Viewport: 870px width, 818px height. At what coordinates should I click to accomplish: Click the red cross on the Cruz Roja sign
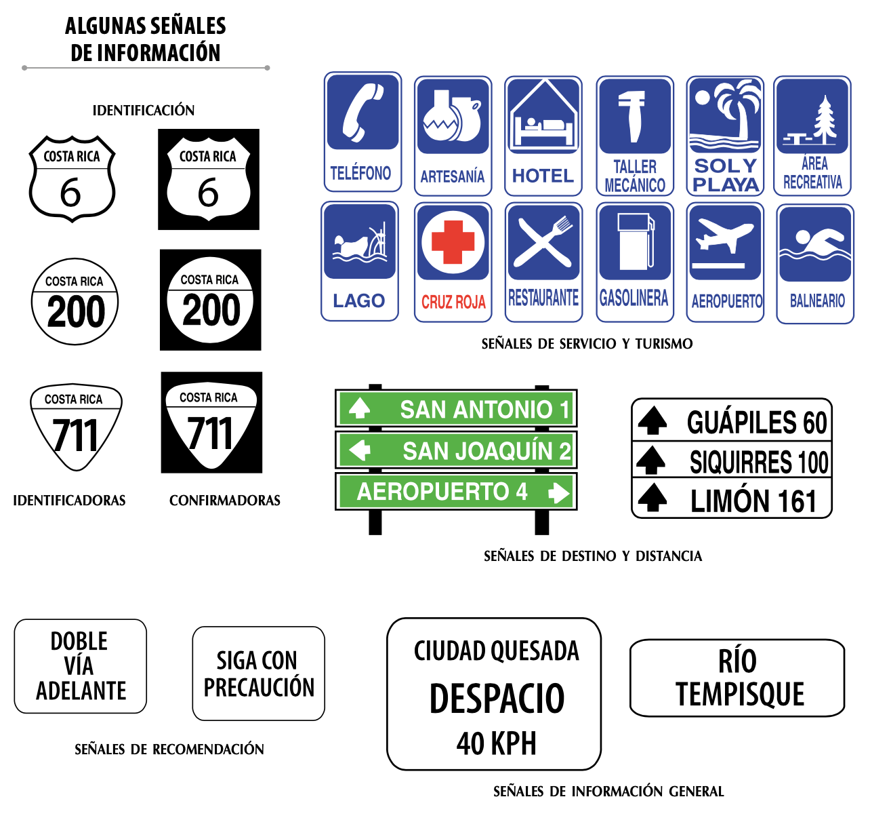(453, 241)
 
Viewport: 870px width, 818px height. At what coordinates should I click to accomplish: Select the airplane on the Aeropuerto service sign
(724, 236)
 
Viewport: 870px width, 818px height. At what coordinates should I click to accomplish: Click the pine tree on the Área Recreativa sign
(825, 119)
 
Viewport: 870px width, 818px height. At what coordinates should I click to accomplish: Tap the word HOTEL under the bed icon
(543, 176)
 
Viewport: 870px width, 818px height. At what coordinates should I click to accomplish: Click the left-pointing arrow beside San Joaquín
(360, 450)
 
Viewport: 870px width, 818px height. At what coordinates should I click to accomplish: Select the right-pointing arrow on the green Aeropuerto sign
(559, 492)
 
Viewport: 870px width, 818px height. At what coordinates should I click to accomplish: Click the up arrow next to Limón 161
(652, 497)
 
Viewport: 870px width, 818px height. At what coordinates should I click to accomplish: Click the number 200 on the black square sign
(211, 310)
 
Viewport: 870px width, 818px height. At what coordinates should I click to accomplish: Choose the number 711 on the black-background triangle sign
(210, 433)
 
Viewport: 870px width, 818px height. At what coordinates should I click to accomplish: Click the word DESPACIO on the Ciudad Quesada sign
(497, 699)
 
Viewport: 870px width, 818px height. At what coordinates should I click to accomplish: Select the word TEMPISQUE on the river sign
(739, 694)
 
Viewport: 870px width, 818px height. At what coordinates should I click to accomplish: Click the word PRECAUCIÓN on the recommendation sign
(259, 686)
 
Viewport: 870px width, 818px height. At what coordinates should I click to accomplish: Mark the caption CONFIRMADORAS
(225, 500)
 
